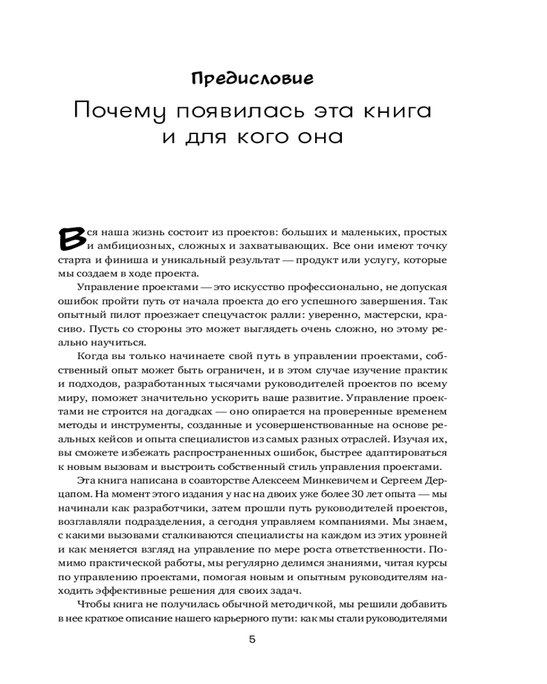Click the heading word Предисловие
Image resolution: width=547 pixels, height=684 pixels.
252,78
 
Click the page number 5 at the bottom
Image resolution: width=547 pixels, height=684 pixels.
252,641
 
